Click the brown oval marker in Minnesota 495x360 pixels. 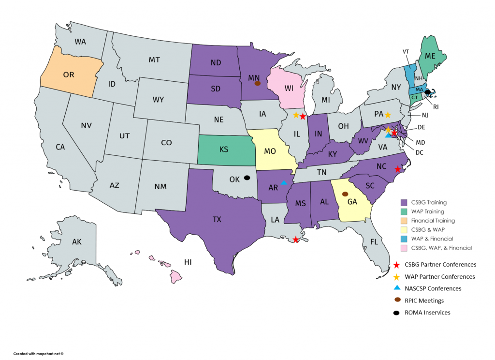pos(258,83)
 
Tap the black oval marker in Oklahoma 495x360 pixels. pos(247,178)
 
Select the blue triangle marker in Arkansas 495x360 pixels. pos(284,182)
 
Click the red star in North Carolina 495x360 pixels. pos(397,169)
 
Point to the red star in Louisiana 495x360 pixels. pos(296,240)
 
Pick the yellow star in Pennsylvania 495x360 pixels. pos(388,115)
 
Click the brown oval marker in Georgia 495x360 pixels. pos(345,194)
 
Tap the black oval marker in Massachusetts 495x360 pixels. pos(427,92)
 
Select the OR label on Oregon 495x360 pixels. pos(69,75)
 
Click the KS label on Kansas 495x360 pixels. pos(223,150)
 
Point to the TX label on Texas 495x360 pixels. pos(218,219)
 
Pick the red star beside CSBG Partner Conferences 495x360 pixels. pos(396,265)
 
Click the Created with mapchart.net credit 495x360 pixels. pos(39,354)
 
